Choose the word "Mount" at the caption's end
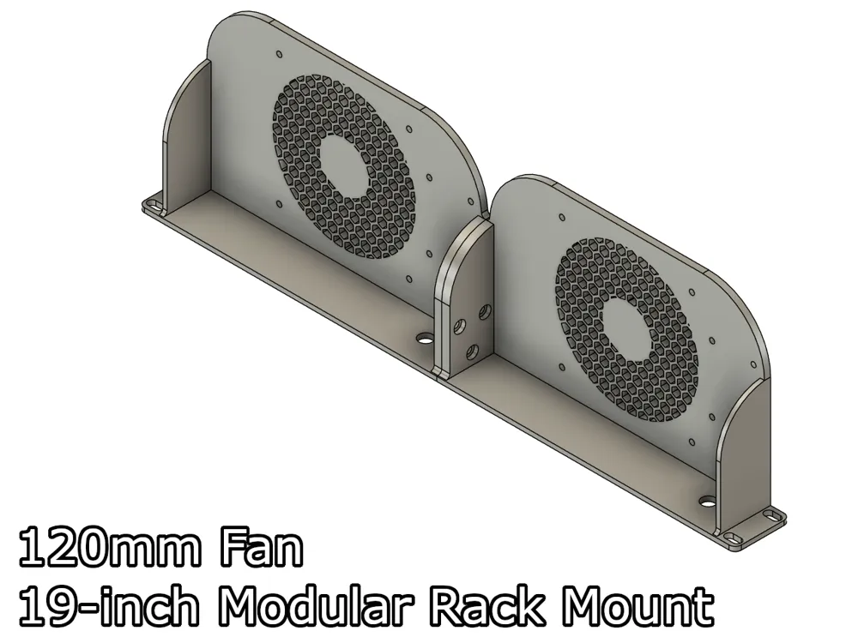(x=639, y=608)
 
